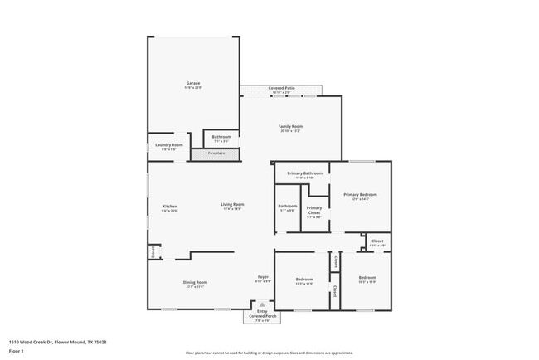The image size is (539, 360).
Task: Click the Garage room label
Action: click(x=193, y=85)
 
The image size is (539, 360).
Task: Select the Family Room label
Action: click(x=290, y=128)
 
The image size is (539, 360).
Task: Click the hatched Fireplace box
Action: click(x=216, y=153)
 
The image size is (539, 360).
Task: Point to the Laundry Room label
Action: click(x=169, y=147)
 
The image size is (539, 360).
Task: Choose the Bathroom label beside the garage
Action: click(x=221, y=138)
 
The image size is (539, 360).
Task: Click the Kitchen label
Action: click(x=169, y=207)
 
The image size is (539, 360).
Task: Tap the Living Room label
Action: click(x=232, y=206)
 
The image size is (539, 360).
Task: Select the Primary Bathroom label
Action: click(x=304, y=174)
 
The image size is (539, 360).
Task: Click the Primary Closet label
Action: click(x=314, y=211)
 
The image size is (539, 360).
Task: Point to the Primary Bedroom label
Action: click(x=361, y=196)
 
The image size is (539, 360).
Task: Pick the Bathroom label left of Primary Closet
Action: click(x=288, y=207)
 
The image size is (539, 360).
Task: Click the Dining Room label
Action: click(x=196, y=283)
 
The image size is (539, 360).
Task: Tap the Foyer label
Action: click(x=263, y=278)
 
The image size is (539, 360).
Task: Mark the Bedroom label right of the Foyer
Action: click(x=304, y=281)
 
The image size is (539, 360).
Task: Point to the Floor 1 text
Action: click(x=16, y=352)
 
